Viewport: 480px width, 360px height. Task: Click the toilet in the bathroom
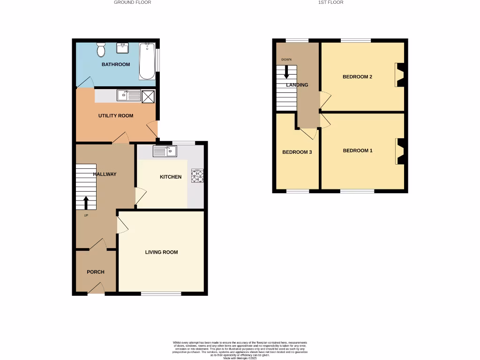tap(101, 49)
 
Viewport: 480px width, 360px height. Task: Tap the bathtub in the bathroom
tap(147, 61)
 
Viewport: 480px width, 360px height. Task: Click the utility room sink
tap(129, 96)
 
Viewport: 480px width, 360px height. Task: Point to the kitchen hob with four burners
tap(197, 176)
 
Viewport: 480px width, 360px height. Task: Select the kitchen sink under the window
tap(165, 151)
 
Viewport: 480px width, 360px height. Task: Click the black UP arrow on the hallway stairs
tap(86, 202)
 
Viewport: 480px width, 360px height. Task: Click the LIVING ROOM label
tap(161, 252)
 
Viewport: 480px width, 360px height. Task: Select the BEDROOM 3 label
tap(297, 152)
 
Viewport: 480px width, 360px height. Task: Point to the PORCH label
tap(96, 272)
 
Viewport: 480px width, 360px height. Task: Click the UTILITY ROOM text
tap(116, 116)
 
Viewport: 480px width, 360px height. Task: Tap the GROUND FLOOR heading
tap(133, 2)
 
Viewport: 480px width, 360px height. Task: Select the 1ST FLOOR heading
tap(331, 2)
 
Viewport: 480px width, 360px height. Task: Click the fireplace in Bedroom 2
tap(400, 75)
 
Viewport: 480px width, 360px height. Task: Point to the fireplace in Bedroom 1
tap(400, 151)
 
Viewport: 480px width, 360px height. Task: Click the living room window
tap(161, 294)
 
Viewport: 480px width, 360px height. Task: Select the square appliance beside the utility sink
tap(148, 96)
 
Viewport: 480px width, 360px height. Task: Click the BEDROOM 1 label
tap(358, 150)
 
